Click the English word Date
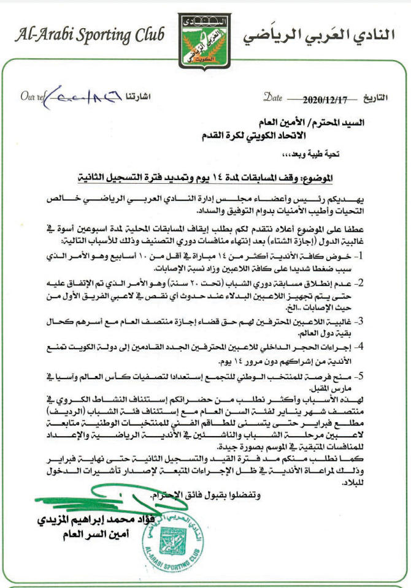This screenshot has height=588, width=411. click(273, 97)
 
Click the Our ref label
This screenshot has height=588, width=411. click(32, 97)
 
